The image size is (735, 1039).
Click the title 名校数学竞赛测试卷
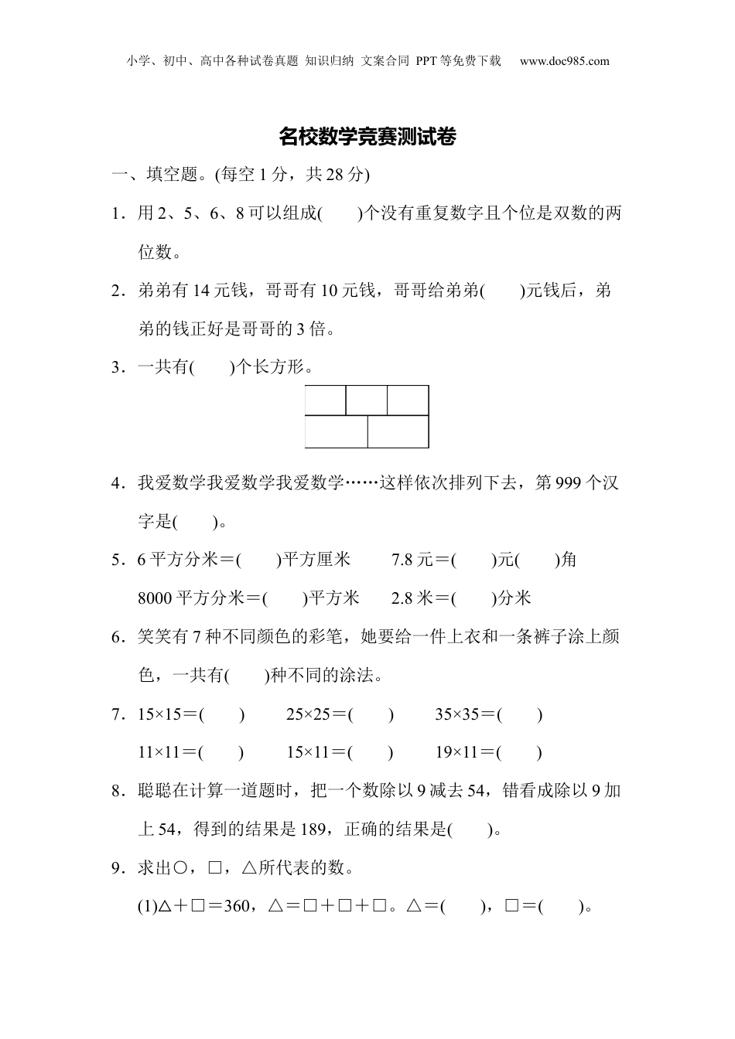367,138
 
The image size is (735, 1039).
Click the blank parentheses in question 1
340,213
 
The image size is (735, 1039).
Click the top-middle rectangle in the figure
367,400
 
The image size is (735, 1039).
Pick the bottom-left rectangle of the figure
336,431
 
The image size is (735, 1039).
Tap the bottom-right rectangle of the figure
398,431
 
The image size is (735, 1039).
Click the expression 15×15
158,714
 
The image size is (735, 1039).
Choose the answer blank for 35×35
519,714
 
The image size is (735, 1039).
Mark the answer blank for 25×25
371,714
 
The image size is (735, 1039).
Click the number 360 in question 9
237,907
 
